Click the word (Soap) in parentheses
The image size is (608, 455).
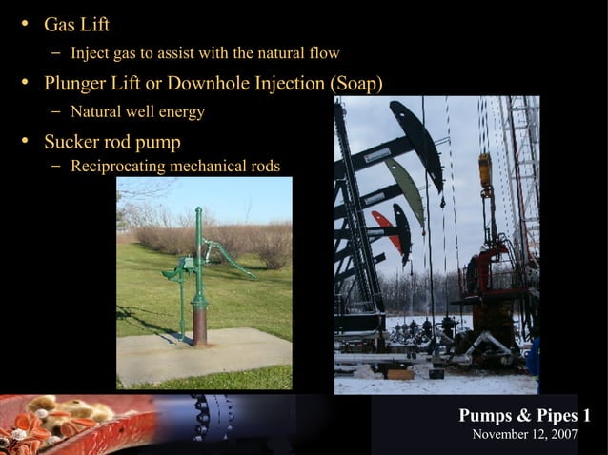(x=355, y=84)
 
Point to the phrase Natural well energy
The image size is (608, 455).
(x=137, y=112)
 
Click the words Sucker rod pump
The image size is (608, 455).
(x=111, y=142)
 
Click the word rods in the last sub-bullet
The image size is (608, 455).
(x=263, y=167)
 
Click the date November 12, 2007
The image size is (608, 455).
(x=525, y=434)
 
